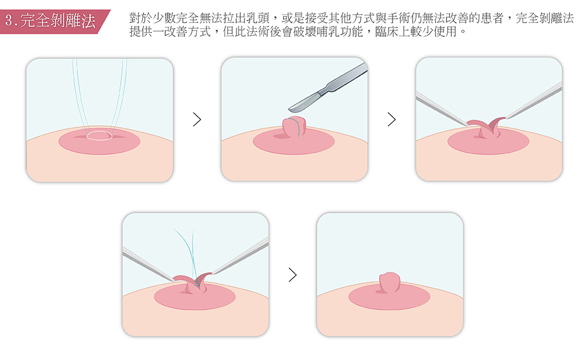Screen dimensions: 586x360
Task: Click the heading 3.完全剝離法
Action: click(x=50, y=21)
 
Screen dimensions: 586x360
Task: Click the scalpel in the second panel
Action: click(x=328, y=87)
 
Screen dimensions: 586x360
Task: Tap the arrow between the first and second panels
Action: click(x=197, y=119)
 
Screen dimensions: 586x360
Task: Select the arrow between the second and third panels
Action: click(x=391, y=119)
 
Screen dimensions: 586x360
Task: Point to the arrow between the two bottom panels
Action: click(x=292, y=275)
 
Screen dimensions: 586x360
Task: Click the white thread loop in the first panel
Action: click(x=100, y=135)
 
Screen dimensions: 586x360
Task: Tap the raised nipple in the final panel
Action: click(x=390, y=282)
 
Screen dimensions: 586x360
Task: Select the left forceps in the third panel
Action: click(x=442, y=109)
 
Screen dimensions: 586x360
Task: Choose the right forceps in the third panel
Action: click(x=534, y=100)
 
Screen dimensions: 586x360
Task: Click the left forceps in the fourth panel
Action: click(x=148, y=264)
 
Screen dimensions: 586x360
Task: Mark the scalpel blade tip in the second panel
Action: click(x=289, y=110)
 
